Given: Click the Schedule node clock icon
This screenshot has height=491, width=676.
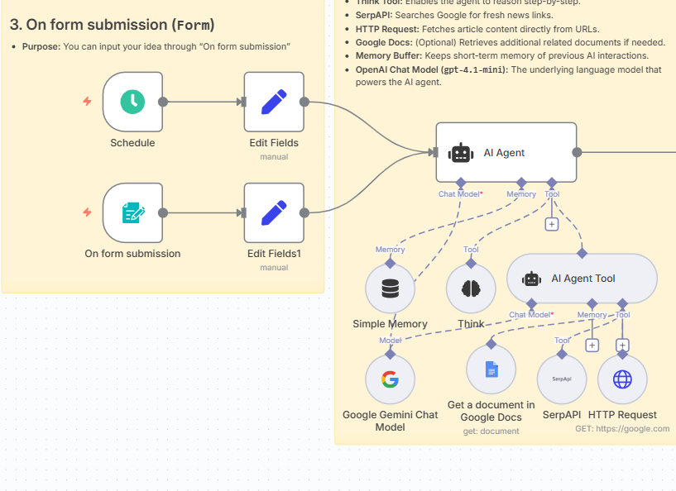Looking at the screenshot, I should pos(132,102).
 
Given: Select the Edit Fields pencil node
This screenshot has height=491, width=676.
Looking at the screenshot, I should pos(274,102).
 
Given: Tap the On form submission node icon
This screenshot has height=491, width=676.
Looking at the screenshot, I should pos(132,213).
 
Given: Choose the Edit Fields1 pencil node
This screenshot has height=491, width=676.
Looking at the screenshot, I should pos(274,213).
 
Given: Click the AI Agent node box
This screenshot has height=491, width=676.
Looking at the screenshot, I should pos(506,152).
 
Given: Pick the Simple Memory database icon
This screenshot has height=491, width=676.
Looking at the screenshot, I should pos(390,288).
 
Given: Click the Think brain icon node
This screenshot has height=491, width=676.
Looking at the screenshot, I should pos(471,288).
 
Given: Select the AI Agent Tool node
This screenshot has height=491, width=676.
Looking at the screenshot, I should pos(582,279).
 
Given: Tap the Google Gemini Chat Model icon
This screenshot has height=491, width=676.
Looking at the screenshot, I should pos(390,379).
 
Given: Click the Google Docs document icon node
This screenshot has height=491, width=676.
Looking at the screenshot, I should pos(491,369).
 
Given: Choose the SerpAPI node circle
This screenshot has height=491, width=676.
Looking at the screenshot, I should pos(562,379).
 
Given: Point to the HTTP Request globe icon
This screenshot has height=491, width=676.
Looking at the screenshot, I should pos(622,379).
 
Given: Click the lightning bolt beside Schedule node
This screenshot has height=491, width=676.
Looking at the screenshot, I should pos(87,102).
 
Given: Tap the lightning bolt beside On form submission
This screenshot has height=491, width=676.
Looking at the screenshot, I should pos(87,213).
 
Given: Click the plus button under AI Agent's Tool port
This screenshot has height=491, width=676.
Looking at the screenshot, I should pos(552,224).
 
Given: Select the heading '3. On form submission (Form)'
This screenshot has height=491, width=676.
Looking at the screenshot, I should pos(113,25).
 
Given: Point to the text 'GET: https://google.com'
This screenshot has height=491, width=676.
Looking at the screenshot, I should pos(622,428).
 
